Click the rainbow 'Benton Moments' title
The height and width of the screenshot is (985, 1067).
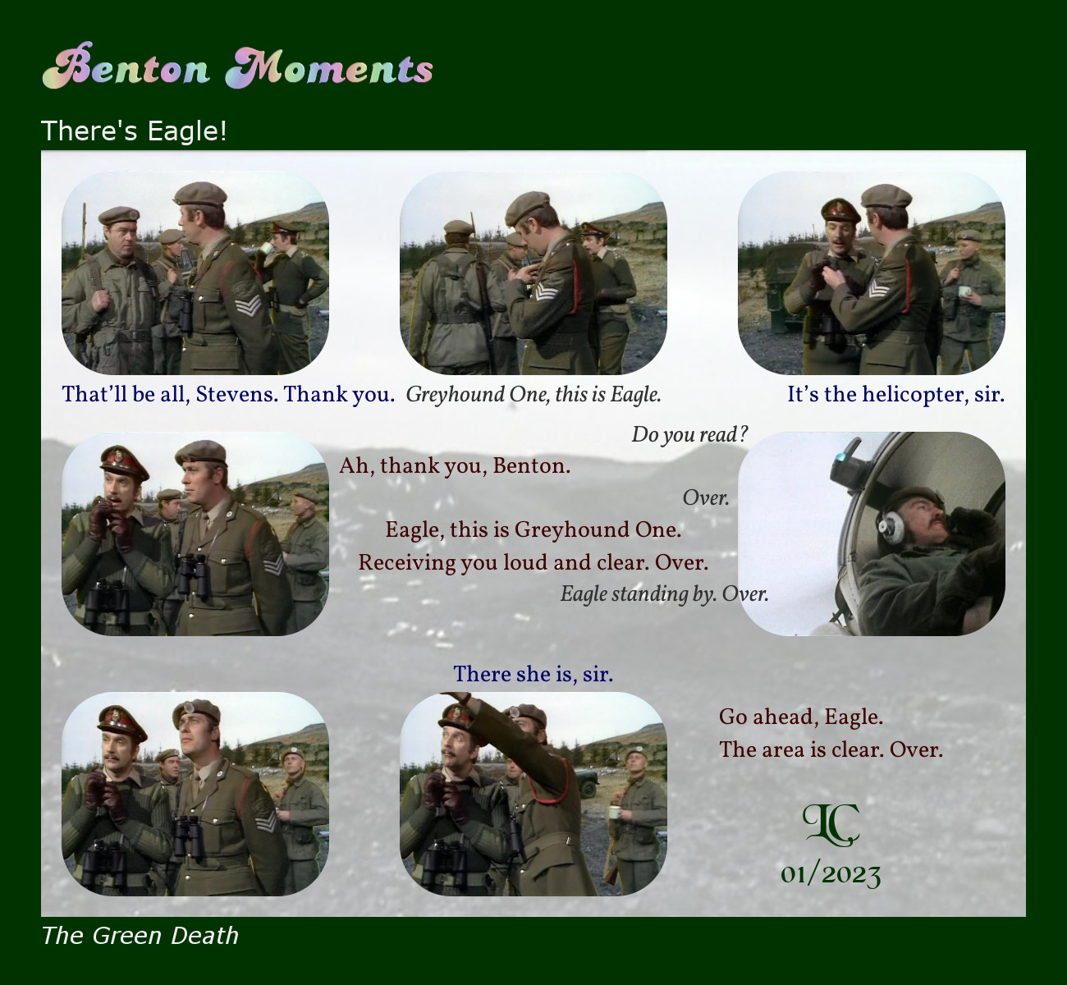tap(237, 66)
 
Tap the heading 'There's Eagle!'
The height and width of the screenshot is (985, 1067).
tap(134, 131)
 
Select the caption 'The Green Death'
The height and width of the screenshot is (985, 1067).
tap(140, 936)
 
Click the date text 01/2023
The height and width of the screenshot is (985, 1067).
tap(831, 875)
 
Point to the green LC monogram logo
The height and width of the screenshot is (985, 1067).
tap(831, 825)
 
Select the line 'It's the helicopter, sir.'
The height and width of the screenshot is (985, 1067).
tap(895, 395)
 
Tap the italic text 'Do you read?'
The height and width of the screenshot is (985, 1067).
tap(689, 434)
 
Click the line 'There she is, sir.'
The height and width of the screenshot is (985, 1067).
tap(533, 674)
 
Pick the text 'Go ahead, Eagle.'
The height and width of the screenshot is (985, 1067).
tap(800, 717)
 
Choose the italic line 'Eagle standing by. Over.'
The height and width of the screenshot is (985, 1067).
tap(664, 593)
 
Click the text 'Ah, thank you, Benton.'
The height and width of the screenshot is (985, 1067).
tap(455, 466)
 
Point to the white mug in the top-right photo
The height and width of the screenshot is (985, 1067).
tap(964, 291)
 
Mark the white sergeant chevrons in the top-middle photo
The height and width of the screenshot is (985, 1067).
tap(546, 291)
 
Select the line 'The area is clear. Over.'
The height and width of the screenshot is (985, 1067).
tap(831, 749)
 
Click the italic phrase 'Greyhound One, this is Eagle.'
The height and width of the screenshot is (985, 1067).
tap(533, 395)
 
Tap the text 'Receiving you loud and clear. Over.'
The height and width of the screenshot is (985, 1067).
tap(533, 562)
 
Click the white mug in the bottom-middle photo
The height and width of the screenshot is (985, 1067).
tap(615, 812)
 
